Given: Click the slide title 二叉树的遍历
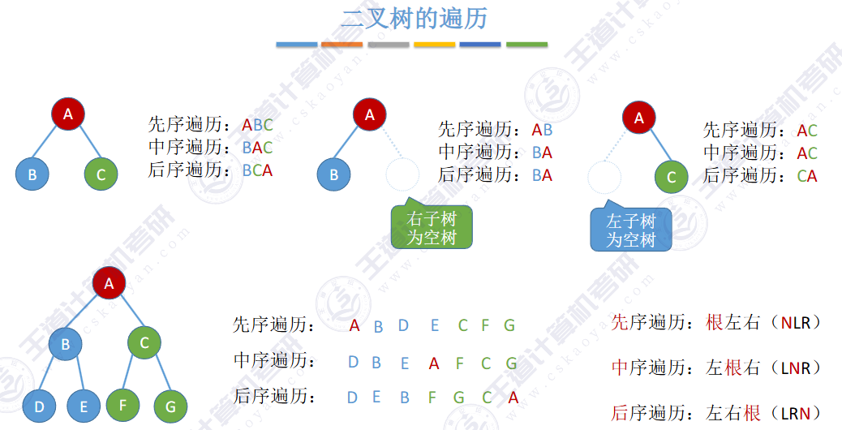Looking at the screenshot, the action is tap(414, 19).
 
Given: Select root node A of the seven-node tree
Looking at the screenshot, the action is tap(109, 283).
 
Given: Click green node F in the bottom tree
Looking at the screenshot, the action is tap(123, 403).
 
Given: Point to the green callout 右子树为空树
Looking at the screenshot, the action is tap(431, 228).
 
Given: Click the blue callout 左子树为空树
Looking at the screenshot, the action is tap(630, 230).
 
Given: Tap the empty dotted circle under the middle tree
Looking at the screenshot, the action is tap(402, 174).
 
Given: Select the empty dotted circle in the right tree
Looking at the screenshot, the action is tap(604, 177).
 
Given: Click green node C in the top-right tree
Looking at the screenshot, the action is tap(671, 177).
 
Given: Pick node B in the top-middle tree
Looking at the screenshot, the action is tap(333, 174).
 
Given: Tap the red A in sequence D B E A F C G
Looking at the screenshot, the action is tap(434, 363).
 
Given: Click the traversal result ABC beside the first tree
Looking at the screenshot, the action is tap(257, 126).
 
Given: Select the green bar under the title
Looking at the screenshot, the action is tap(526, 45).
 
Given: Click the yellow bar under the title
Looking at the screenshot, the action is tap(434, 45).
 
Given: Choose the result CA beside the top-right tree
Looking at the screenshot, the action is tap(806, 176).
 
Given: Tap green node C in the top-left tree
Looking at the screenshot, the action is tap(101, 174).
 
